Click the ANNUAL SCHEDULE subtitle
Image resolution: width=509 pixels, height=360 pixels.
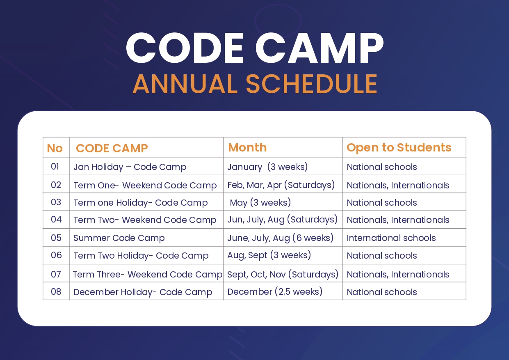[255, 84]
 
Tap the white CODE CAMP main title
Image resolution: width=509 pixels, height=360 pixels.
[255, 48]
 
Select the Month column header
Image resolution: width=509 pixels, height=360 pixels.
[247, 147]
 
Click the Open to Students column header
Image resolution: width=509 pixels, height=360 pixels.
[399, 147]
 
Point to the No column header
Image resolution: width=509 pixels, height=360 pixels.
[55, 148]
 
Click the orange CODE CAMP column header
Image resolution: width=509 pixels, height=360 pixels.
[112, 148]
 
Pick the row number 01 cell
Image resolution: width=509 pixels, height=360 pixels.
[55, 167]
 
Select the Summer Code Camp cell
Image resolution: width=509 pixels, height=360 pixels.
[119, 238]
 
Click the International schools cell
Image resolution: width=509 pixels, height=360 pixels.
[391, 238]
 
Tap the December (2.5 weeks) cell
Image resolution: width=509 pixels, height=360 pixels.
[275, 291]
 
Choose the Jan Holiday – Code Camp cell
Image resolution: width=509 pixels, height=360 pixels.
[130, 167]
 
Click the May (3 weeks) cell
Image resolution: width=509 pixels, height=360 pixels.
[260, 202]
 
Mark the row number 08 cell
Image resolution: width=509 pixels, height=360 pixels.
[56, 291]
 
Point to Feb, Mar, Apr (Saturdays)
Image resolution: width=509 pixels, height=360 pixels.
[281, 185]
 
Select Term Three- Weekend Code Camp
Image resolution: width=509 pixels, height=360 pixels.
[148, 275]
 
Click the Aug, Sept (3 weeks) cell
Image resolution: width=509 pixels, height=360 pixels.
[269, 255]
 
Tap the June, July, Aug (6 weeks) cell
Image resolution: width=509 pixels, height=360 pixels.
[280, 238]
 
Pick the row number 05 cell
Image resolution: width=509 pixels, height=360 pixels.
[56, 238]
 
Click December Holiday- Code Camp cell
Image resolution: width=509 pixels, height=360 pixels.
[143, 292]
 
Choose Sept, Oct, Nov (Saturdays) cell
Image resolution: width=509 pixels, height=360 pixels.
[283, 274]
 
